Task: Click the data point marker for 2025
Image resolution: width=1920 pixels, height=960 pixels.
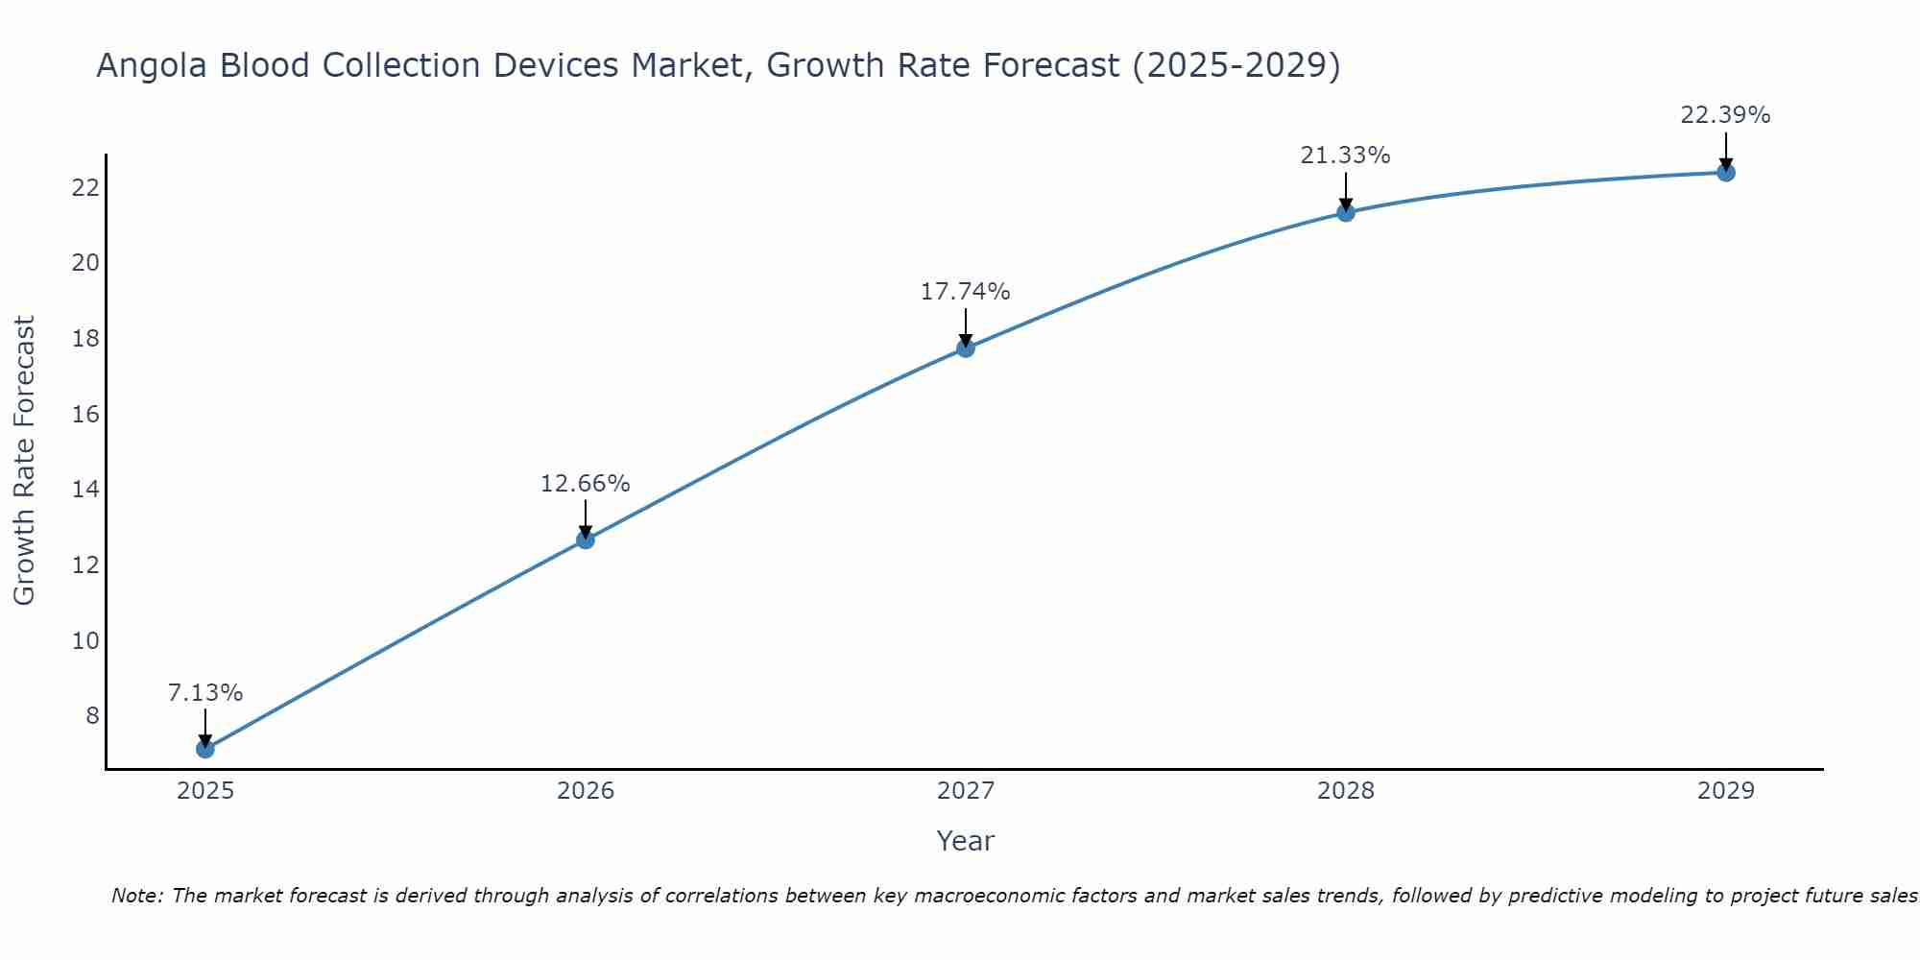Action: [x=204, y=749]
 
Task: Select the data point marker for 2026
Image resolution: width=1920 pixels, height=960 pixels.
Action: [x=585, y=540]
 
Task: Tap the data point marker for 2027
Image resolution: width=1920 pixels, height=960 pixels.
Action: [x=965, y=348]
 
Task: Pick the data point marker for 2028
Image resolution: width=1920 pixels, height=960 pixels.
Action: [x=1345, y=212]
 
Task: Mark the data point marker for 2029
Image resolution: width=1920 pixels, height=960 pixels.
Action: [x=1725, y=173]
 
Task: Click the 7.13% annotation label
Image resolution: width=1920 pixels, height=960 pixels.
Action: [x=204, y=693]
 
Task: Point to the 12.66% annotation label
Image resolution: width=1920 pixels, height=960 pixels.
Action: [x=585, y=484]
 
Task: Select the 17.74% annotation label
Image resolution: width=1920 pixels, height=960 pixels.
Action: [x=965, y=292]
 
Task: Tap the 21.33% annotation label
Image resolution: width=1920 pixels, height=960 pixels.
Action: [x=1345, y=156]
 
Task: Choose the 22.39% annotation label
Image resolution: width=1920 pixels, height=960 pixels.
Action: [x=1725, y=115]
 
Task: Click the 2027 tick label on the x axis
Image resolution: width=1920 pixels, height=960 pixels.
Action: [x=965, y=791]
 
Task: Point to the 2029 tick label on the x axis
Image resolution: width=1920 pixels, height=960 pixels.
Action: [x=1725, y=791]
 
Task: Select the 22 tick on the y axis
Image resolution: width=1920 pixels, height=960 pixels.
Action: [x=85, y=187]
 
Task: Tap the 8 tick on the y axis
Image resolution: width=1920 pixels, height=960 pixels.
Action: [x=92, y=716]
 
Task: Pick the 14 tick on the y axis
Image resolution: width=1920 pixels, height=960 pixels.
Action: [x=85, y=490]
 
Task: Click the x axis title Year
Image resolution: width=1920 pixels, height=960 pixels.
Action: [x=965, y=841]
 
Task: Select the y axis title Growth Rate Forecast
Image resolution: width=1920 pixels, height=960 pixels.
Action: [x=24, y=461]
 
